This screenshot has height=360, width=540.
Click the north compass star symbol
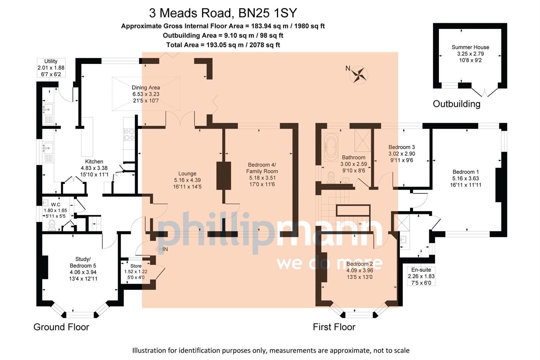coord(359,75)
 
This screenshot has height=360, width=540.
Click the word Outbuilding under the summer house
coord(456,104)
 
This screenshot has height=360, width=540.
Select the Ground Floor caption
coord(61,327)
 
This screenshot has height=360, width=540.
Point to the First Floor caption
coord(334,327)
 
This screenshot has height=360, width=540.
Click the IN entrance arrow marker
coord(162,249)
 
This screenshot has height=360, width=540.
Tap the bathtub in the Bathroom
coord(331,147)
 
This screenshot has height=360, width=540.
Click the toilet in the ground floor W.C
coord(52,226)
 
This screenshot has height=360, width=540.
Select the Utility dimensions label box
coord(51,68)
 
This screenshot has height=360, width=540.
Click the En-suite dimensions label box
coord(421,276)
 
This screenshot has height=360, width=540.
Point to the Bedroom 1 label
coord(465,178)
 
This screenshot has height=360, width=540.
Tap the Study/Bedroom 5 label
coord(83,269)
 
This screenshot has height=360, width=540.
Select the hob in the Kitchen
coord(129,134)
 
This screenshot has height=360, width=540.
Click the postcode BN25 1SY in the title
coord(267,13)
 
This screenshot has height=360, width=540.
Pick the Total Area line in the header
coord(223,45)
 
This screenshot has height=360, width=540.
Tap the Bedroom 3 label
coord(402,153)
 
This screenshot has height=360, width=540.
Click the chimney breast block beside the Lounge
coord(224,176)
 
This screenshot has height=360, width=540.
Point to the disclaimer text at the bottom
coord(271,350)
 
